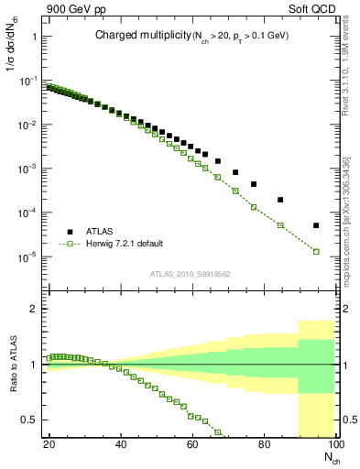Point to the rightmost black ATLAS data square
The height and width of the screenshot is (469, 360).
point(316,225)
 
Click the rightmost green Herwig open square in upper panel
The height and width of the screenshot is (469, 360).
point(316,251)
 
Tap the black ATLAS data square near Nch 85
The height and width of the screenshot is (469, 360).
point(280,200)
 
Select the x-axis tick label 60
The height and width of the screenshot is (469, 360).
point(191,446)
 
